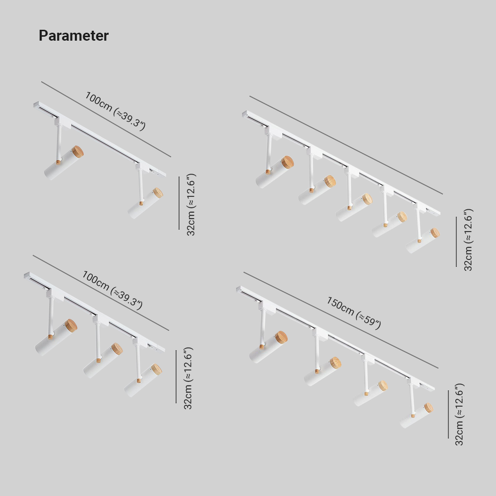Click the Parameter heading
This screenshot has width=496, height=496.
(73, 36)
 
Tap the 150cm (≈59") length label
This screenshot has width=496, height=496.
(353, 312)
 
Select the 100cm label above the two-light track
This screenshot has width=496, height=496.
(115, 111)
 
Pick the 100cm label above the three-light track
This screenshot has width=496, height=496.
(112, 290)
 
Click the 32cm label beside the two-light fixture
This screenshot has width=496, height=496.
(191, 204)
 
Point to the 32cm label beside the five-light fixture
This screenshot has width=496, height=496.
(468, 240)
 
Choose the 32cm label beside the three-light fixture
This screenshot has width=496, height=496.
(188, 378)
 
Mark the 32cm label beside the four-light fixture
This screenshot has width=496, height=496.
(459, 414)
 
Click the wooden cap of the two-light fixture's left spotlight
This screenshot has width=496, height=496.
(77, 151)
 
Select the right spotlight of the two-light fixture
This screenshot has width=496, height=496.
(145, 203)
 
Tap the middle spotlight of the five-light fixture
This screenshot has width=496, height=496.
(354, 207)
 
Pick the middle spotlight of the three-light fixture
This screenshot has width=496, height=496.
(103, 359)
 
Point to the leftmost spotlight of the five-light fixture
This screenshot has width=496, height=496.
(274, 172)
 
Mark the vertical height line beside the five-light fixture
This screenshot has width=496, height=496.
(456, 241)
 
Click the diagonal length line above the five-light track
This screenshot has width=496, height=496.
(346, 145)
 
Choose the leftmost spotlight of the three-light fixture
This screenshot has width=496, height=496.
(56, 337)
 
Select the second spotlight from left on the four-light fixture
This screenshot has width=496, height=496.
(322, 372)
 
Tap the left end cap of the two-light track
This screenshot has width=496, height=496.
(36, 105)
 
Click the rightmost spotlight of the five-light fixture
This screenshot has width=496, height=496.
(423, 240)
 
